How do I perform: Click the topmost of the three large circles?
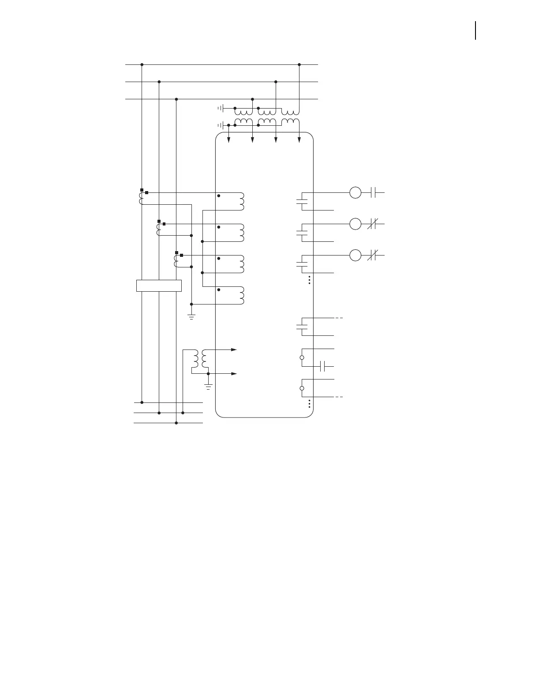tap(355, 193)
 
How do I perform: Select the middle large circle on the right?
tap(355, 224)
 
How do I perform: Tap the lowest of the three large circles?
tap(355, 255)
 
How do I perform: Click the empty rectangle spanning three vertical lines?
tap(159, 286)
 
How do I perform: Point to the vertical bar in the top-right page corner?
tap(475, 30)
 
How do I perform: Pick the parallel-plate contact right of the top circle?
tap(373, 193)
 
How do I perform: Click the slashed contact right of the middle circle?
tap(371, 224)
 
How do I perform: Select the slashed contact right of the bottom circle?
tap(371, 255)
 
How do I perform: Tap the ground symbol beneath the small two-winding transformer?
tap(208, 387)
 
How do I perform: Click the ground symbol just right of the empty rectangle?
tap(191, 316)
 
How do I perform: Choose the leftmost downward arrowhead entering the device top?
tap(228, 140)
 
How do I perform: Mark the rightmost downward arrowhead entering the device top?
tap(299, 140)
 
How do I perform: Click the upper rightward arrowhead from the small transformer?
tap(234, 349)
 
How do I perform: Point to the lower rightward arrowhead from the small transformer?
tap(234, 374)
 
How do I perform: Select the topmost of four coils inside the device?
tap(241, 201)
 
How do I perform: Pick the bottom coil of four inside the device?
tap(241, 296)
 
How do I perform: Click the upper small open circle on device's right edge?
tap(302, 357)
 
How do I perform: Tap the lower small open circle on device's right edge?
tap(302, 388)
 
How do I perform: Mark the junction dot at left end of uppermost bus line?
tap(142, 64)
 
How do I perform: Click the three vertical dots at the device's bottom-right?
tap(310, 404)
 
